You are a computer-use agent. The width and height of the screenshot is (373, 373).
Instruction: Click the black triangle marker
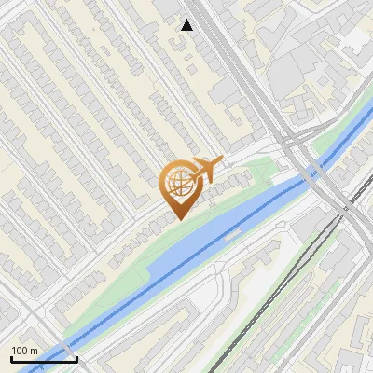187,25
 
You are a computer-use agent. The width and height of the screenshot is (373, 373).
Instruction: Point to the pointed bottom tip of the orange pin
178,219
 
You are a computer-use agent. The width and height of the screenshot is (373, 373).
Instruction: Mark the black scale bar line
43,358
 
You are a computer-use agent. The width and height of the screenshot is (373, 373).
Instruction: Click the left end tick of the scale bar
10,357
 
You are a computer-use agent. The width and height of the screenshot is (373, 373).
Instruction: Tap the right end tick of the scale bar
76,357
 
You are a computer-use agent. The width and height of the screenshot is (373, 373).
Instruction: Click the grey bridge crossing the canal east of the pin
311,170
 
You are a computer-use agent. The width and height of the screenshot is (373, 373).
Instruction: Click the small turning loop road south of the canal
220,271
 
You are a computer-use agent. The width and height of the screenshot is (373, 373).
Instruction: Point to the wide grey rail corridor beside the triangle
224,47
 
